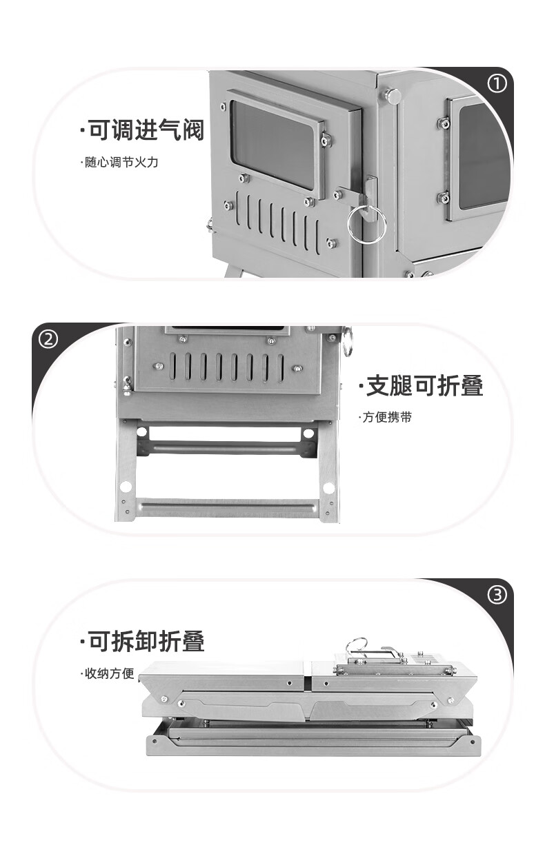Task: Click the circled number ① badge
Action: (x=497, y=84)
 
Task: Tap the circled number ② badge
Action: (x=49, y=339)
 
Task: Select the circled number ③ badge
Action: (x=497, y=595)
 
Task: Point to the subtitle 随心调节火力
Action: (x=119, y=163)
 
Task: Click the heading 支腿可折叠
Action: (x=421, y=385)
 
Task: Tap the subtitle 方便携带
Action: (x=385, y=417)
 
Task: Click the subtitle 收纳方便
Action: (x=108, y=673)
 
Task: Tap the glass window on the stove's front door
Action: (x=272, y=145)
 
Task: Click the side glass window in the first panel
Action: (x=484, y=156)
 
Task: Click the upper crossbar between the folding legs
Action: (x=226, y=448)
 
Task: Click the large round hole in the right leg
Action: (x=328, y=488)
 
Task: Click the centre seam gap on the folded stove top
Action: (x=308, y=682)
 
